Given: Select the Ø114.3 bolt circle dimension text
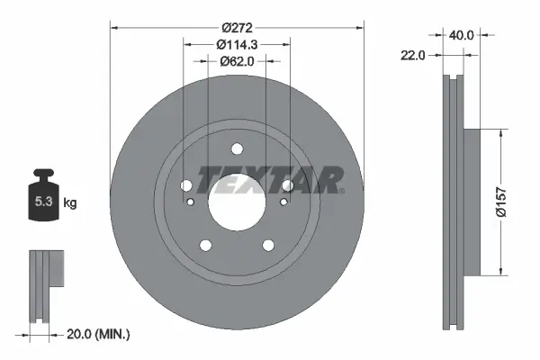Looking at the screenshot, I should coord(238,42).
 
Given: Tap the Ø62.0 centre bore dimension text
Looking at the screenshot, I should coord(238,61).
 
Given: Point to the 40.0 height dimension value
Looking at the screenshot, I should coord(462,36).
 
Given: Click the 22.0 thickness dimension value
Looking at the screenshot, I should coord(414,56).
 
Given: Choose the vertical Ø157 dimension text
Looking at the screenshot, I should coord(509,202).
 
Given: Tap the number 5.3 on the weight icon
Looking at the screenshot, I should coord(42,202).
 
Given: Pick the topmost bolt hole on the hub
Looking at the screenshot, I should coord(237,149).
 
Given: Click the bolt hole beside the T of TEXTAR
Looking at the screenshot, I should coord(187,185).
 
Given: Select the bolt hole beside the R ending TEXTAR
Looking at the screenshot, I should coord(287,185).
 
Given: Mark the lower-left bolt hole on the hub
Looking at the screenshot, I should coord(206,245).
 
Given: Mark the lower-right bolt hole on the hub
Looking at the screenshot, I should coord(267,245).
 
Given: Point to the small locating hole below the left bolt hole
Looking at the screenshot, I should coord(190,202).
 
